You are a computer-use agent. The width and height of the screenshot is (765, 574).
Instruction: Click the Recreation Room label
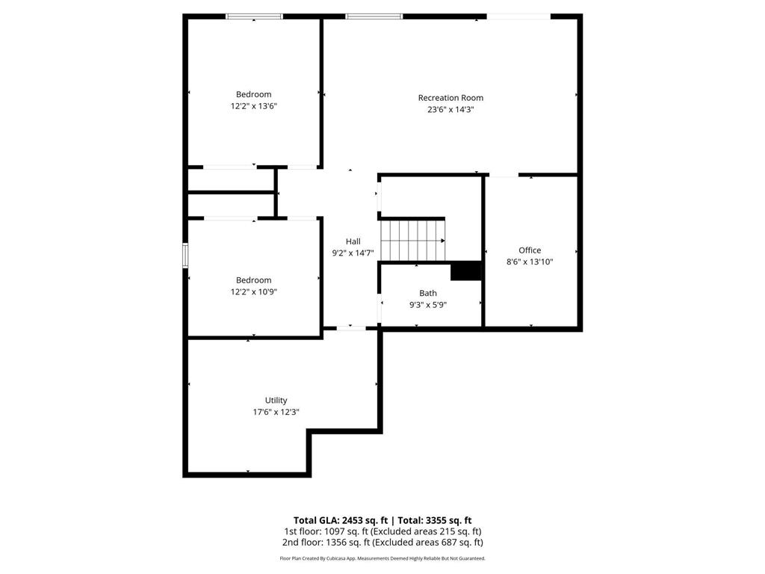point(450,98)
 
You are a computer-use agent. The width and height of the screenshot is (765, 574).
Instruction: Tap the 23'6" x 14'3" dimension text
point(450,110)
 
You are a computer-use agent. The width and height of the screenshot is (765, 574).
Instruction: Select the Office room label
point(530,250)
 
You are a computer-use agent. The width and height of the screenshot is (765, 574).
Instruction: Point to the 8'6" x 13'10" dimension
point(530,262)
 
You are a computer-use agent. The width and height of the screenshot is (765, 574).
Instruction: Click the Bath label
point(428,293)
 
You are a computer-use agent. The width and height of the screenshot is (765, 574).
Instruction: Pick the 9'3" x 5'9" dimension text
point(428,305)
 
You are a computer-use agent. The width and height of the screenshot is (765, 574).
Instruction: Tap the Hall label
point(353,241)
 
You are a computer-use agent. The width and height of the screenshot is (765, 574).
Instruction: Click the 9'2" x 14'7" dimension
point(353,253)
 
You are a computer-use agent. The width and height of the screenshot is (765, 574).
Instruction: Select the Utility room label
point(276,400)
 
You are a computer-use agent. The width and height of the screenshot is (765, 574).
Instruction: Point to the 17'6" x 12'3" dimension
point(276,412)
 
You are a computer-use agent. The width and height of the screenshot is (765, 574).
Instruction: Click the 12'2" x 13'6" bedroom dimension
point(254,106)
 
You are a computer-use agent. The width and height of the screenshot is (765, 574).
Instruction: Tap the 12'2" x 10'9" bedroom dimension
point(254,292)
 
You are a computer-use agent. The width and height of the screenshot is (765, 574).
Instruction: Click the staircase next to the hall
point(412,240)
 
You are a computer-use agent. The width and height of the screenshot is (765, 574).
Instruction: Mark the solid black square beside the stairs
point(466,271)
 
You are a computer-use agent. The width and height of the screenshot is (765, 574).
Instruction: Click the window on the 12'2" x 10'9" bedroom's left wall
point(186,254)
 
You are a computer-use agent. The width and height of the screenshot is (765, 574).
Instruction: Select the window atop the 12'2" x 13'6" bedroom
point(254,16)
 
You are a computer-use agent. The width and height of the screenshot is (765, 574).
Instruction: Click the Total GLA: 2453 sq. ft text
point(341,520)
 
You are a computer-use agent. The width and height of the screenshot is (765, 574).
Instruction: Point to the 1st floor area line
point(382,531)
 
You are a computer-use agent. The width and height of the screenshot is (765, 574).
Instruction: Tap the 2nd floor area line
point(382,543)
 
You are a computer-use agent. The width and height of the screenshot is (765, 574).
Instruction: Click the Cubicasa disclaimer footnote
point(382,558)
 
